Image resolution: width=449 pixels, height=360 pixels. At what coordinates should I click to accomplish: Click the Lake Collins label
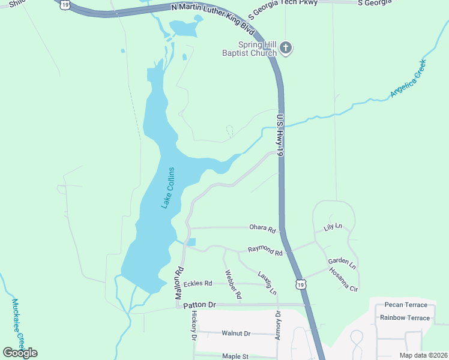click(167, 188)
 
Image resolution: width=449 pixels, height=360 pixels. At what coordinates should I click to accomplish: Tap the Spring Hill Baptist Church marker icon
click(286, 48)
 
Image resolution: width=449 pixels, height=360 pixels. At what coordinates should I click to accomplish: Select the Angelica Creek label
click(408, 79)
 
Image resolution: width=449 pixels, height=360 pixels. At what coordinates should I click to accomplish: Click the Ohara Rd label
click(263, 229)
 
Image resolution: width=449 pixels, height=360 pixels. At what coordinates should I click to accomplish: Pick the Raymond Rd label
click(265, 251)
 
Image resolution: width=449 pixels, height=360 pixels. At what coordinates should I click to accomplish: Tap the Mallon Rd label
click(178, 284)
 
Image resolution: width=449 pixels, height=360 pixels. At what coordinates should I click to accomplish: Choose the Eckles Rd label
click(198, 283)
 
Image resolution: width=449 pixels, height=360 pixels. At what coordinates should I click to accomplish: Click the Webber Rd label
click(233, 284)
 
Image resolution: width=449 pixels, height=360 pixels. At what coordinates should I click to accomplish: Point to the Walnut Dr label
click(236, 333)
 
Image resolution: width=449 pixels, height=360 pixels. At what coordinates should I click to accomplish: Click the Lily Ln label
click(333, 227)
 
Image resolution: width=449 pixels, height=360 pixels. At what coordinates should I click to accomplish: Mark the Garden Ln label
click(342, 263)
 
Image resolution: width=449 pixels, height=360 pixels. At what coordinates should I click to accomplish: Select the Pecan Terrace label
click(406, 305)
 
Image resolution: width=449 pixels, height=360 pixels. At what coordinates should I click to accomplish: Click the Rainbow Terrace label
click(405, 318)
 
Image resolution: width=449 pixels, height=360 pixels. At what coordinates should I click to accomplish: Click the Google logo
click(20, 352)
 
